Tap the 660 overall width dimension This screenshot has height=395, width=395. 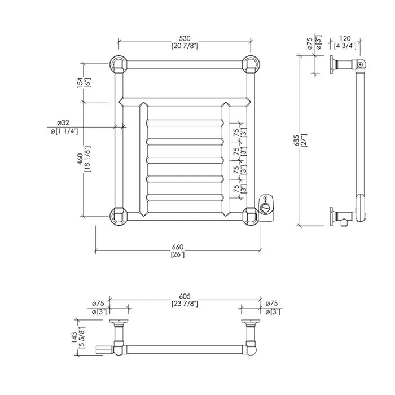178,247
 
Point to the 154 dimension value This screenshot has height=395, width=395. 80,82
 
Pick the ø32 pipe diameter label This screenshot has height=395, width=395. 63,122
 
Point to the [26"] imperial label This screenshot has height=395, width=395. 178,254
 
